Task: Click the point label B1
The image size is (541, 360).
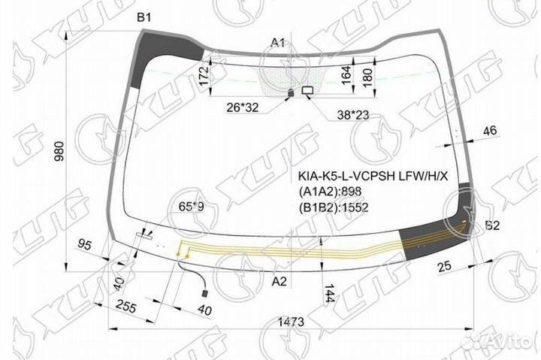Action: click(144, 17)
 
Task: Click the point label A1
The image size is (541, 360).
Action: click(278, 42)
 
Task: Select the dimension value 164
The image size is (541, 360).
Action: click(346, 75)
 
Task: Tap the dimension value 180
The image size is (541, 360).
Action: click(367, 76)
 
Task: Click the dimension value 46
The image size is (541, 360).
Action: click(489, 132)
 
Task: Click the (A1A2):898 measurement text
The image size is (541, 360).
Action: click(331, 192)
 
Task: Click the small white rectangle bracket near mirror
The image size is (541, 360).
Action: click(307, 90)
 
